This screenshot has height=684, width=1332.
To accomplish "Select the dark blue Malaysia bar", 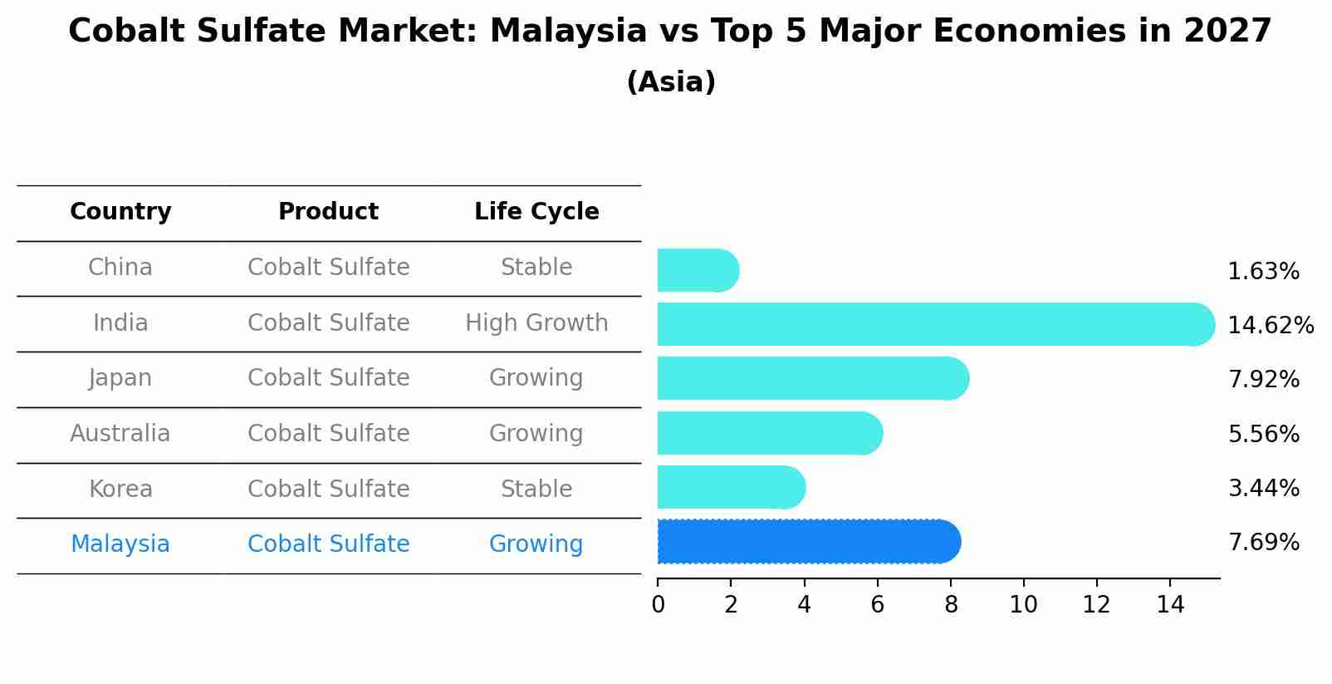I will (x=808, y=542).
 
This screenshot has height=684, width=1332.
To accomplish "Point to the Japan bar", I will (x=812, y=378).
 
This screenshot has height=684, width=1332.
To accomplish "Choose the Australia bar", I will (x=769, y=433).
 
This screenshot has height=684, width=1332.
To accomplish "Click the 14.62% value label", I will (x=1271, y=325).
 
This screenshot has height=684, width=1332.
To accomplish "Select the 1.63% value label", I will (x=1263, y=271).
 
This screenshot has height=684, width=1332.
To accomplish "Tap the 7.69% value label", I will (x=1263, y=542).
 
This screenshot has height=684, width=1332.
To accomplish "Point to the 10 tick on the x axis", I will (x=1023, y=604).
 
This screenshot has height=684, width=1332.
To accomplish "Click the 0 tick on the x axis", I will (x=658, y=604).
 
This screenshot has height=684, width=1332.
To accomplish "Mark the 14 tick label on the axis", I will (x=1170, y=604).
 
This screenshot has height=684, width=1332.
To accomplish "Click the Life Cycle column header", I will (x=536, y=212).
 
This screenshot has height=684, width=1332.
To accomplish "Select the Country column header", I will (x=120, y=212).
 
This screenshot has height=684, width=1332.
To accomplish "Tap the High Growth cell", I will (x=536, y=322).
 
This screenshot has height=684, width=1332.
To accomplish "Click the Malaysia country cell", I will (x=120, y=544).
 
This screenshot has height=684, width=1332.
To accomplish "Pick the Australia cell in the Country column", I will (x=120, y=433).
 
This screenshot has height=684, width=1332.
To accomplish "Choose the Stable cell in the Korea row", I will (x=536, y=489).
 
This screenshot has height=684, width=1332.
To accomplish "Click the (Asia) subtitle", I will (x=671, y=82).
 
